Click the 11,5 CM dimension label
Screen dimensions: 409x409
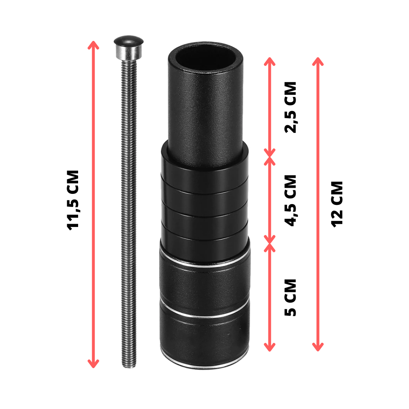coord(73,200)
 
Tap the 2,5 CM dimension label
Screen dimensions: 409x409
coord(290,108)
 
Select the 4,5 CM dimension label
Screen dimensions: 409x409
coord(290,200)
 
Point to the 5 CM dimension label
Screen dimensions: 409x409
coord(290,298)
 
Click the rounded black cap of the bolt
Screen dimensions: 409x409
coord(128,41)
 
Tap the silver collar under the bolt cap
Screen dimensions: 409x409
coord(128,52)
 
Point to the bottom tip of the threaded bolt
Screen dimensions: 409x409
coord(129,367)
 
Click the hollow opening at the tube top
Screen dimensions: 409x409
coord(205,57)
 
